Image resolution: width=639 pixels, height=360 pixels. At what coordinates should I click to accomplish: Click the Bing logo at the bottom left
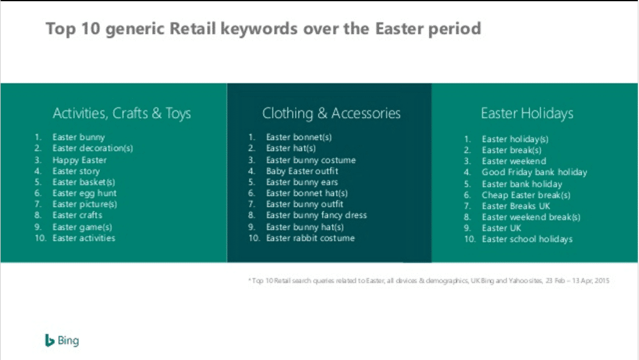tap(62, 341)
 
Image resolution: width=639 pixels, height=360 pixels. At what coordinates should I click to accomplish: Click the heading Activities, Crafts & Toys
tap(122, 113)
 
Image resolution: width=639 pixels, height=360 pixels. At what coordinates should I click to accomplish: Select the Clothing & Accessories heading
tap(331, 113)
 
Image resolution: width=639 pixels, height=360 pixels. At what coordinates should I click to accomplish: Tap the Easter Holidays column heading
tap(526, 113)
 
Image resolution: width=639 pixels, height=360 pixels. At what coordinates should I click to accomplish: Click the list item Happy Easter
tap(80, 160)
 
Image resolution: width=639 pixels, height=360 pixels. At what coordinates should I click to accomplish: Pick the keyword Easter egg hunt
tap(84, 193)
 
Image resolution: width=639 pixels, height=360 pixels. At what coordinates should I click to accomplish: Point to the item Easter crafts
tap(77, 215)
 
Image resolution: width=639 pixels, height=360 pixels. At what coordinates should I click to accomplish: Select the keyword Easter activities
tap(84, 238)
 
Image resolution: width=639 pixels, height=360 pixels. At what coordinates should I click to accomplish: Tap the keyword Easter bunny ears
tap(302, 182)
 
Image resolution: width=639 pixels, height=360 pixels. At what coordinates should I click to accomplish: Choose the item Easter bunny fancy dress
tap(316, 215)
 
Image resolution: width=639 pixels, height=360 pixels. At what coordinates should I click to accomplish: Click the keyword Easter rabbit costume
tap(310, 238)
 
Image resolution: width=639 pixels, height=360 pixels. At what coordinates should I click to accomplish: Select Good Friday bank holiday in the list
tap(534, 172)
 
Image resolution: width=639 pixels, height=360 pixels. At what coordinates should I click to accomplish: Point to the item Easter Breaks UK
tap(516, 206)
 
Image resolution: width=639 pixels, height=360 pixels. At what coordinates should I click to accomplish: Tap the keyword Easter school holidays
tap(527, 239)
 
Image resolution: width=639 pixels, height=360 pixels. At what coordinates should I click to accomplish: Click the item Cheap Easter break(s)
tap(526, 195)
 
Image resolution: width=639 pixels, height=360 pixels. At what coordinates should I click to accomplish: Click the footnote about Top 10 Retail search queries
tap(428, 280)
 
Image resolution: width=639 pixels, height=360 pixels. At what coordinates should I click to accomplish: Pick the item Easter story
tap(76, 171)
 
